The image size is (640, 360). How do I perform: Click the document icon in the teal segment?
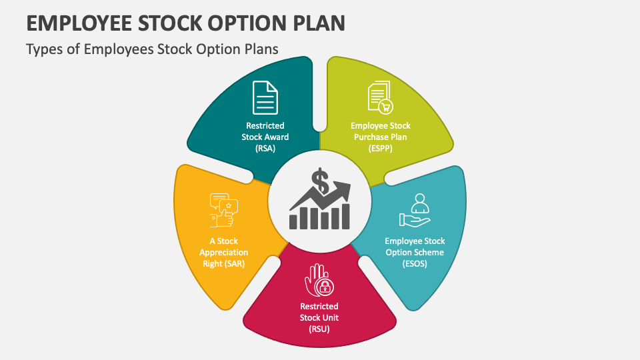click(x=265, y=97)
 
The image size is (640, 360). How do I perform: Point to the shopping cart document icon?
click(x=380, y=97)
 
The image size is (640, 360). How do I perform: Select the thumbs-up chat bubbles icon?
click(x=224, y=209)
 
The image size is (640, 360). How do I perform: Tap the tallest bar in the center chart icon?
click(x=345, y=215)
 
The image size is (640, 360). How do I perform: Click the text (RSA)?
click(x=265, y=149)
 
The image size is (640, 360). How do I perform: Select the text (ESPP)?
click(x=381, y=149)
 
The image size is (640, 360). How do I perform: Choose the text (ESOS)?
click(x=415, y=264)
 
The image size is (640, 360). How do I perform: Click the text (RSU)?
click(x=319, y=329)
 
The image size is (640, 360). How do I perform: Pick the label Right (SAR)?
click(x=223, y=264)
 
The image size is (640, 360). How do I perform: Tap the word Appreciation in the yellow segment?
click(x=223, y=253)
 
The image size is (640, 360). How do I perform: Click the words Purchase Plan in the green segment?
click(x=381, y=137)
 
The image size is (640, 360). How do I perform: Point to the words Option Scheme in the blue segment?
click(x=415, y=253)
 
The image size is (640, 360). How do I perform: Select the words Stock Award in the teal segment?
click(x=265, y=137)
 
